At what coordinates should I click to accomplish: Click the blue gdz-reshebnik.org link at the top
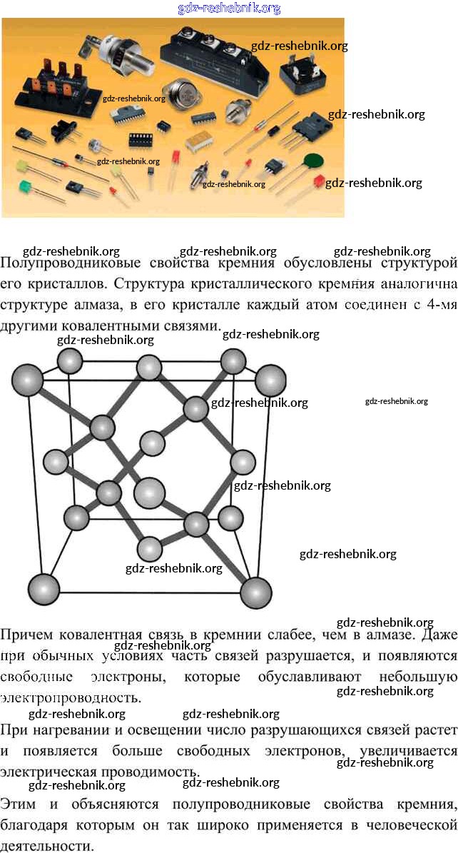[x=228, y=9]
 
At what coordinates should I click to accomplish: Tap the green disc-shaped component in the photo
[x=312, y=161]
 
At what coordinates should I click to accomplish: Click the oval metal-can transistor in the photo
[x=188, y=98]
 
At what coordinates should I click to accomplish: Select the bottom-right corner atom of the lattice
[x=256, y=591]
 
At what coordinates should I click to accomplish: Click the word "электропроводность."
[x=71, y=697]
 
